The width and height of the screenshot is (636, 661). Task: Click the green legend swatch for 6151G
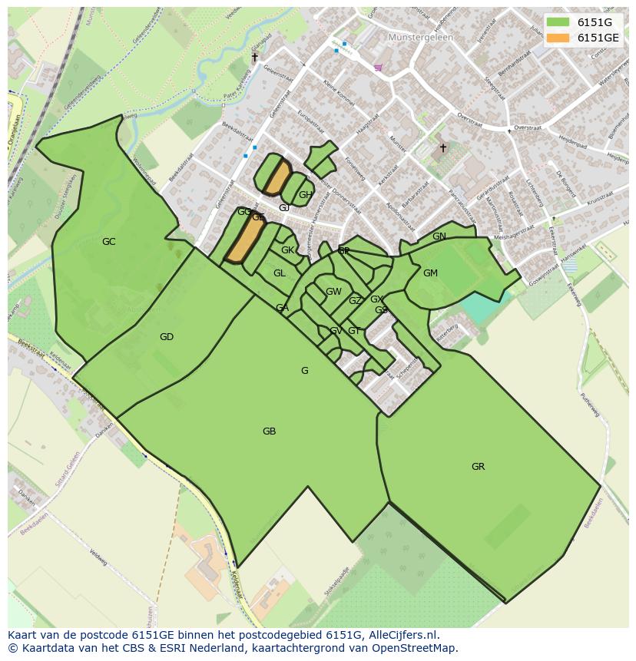558,22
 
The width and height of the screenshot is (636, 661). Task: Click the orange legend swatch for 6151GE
558,38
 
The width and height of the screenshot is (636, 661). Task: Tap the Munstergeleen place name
421,37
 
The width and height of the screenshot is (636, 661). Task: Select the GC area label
109,242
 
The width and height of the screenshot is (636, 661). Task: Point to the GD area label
167,337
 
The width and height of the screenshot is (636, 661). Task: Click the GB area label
269,431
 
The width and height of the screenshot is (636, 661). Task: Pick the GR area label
478,467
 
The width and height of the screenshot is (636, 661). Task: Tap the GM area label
430,273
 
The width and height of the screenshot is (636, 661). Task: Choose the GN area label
439,236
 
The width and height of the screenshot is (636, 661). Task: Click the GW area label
333,292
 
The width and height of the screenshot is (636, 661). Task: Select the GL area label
280,273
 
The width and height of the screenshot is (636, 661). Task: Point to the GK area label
287,250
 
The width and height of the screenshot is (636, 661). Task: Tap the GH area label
306,195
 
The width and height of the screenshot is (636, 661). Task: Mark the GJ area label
284,208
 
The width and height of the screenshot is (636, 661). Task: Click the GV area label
336,331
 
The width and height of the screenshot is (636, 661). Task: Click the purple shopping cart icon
378,68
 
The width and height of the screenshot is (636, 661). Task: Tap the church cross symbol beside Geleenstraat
255,57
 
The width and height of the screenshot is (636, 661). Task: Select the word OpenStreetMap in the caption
419,648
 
